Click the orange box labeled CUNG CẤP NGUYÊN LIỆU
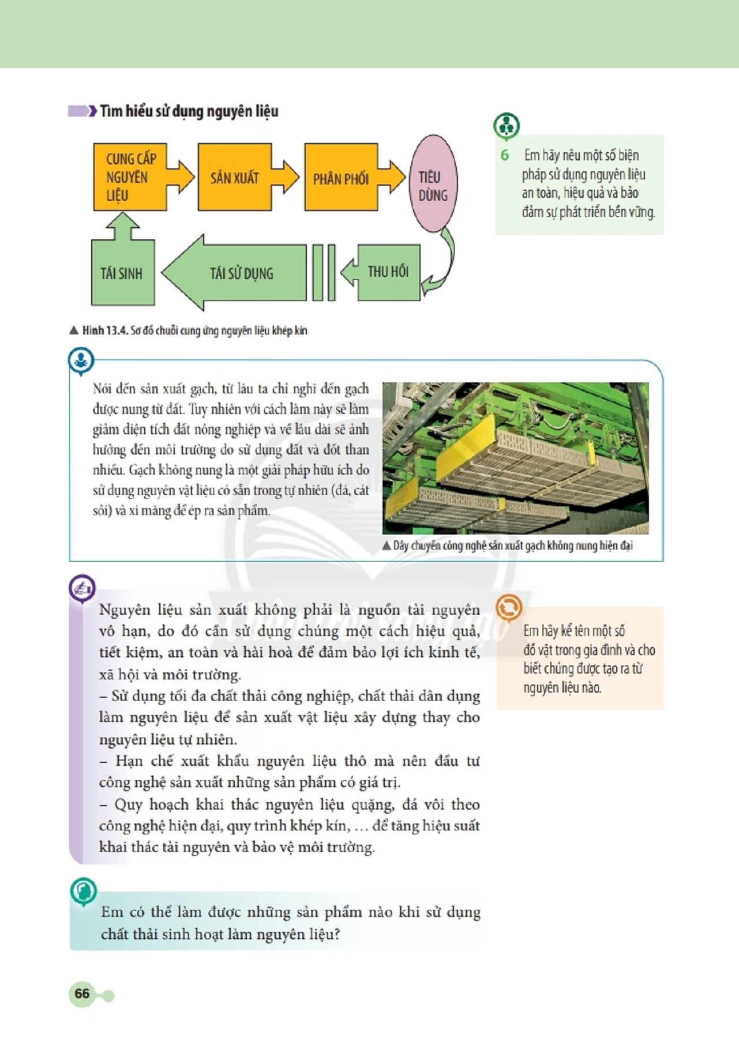pyautogui.click(x=130, y=177)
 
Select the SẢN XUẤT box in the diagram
pyautogui.click(x=234, y=177)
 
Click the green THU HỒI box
pyautogui.click(x=388, y=272)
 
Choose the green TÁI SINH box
pyautogui.click(x=122, y=273)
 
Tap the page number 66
pyautogui.click(x=82, y=993)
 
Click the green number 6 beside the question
pyautogui.click(x=505, y=155)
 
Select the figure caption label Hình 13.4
pyautogui.click(x=104, y=331)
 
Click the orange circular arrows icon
pyautogui.click(x=508, y=607)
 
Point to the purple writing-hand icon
pyautogui.click(x=82, y=588)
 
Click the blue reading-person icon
pyautogui.click(x=81, y=360)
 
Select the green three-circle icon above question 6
pyautogui.click(x=507, y=125)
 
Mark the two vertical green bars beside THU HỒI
pyautogui.click(x=324, y=272)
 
